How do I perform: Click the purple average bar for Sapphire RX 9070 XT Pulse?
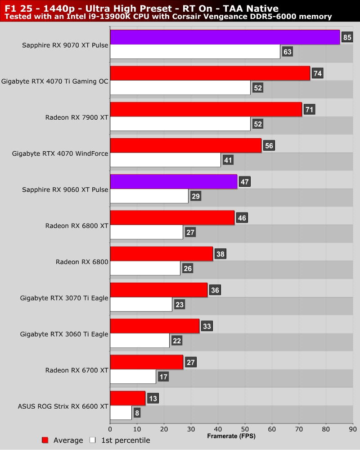[224, 37]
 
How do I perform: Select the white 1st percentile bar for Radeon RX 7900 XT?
[180, 124]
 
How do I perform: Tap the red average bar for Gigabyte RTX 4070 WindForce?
[185, 145]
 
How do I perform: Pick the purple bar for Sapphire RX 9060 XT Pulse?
[173, 181]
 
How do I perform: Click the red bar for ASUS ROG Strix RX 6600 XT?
[127, 398]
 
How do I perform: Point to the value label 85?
[346, 37]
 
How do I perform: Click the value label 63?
[287, 52]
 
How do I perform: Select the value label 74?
[317, 73]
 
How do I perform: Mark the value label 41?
[228, 160]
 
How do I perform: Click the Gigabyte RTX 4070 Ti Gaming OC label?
[55, 81]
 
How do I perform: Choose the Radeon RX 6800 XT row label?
[76, 225]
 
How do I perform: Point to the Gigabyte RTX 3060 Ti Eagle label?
[64, 334]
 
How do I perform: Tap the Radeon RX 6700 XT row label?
[76, 370]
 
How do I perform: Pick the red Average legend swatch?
[45, 440]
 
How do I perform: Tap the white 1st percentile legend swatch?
[93, 440]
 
